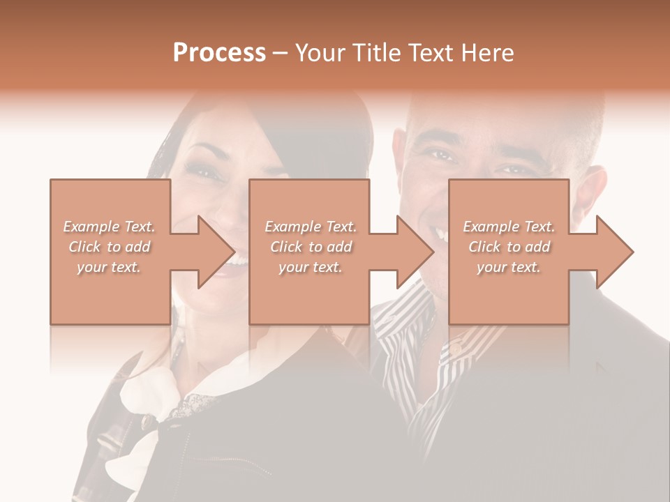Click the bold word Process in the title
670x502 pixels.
click(219, 53)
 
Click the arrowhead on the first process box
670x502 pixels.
click(216, 252)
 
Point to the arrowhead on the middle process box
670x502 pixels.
click(416, 252)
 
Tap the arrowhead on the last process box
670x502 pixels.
click(615, 252)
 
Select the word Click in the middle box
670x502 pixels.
click(285, 247)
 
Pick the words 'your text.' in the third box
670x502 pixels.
click(508, 267)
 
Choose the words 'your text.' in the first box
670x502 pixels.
click(108, 267)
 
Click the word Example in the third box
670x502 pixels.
click(491, 227)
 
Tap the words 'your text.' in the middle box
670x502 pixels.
click(310, 267)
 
